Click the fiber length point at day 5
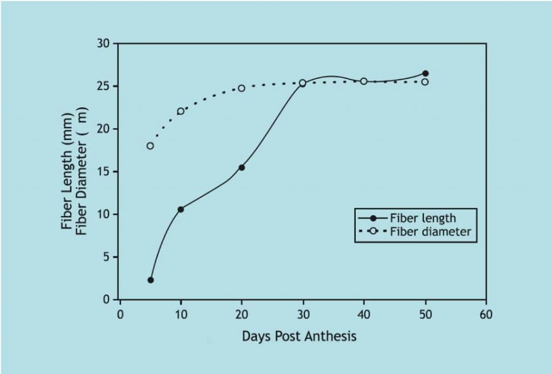[150, 280]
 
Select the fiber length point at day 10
[181, 209]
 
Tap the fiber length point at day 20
[241, 168]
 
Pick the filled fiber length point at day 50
[425, 73]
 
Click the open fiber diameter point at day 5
[150, 146]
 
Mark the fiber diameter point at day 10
[181, 111]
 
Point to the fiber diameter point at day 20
[241, 88]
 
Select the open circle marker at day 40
[364, 81]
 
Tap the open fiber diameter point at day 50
[425, 82]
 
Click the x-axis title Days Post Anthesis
[299, 337]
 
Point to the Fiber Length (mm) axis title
[67, 171]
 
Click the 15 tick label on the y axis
[103, 172]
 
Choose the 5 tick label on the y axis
[106, 257]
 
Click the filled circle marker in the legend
[373, 218]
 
